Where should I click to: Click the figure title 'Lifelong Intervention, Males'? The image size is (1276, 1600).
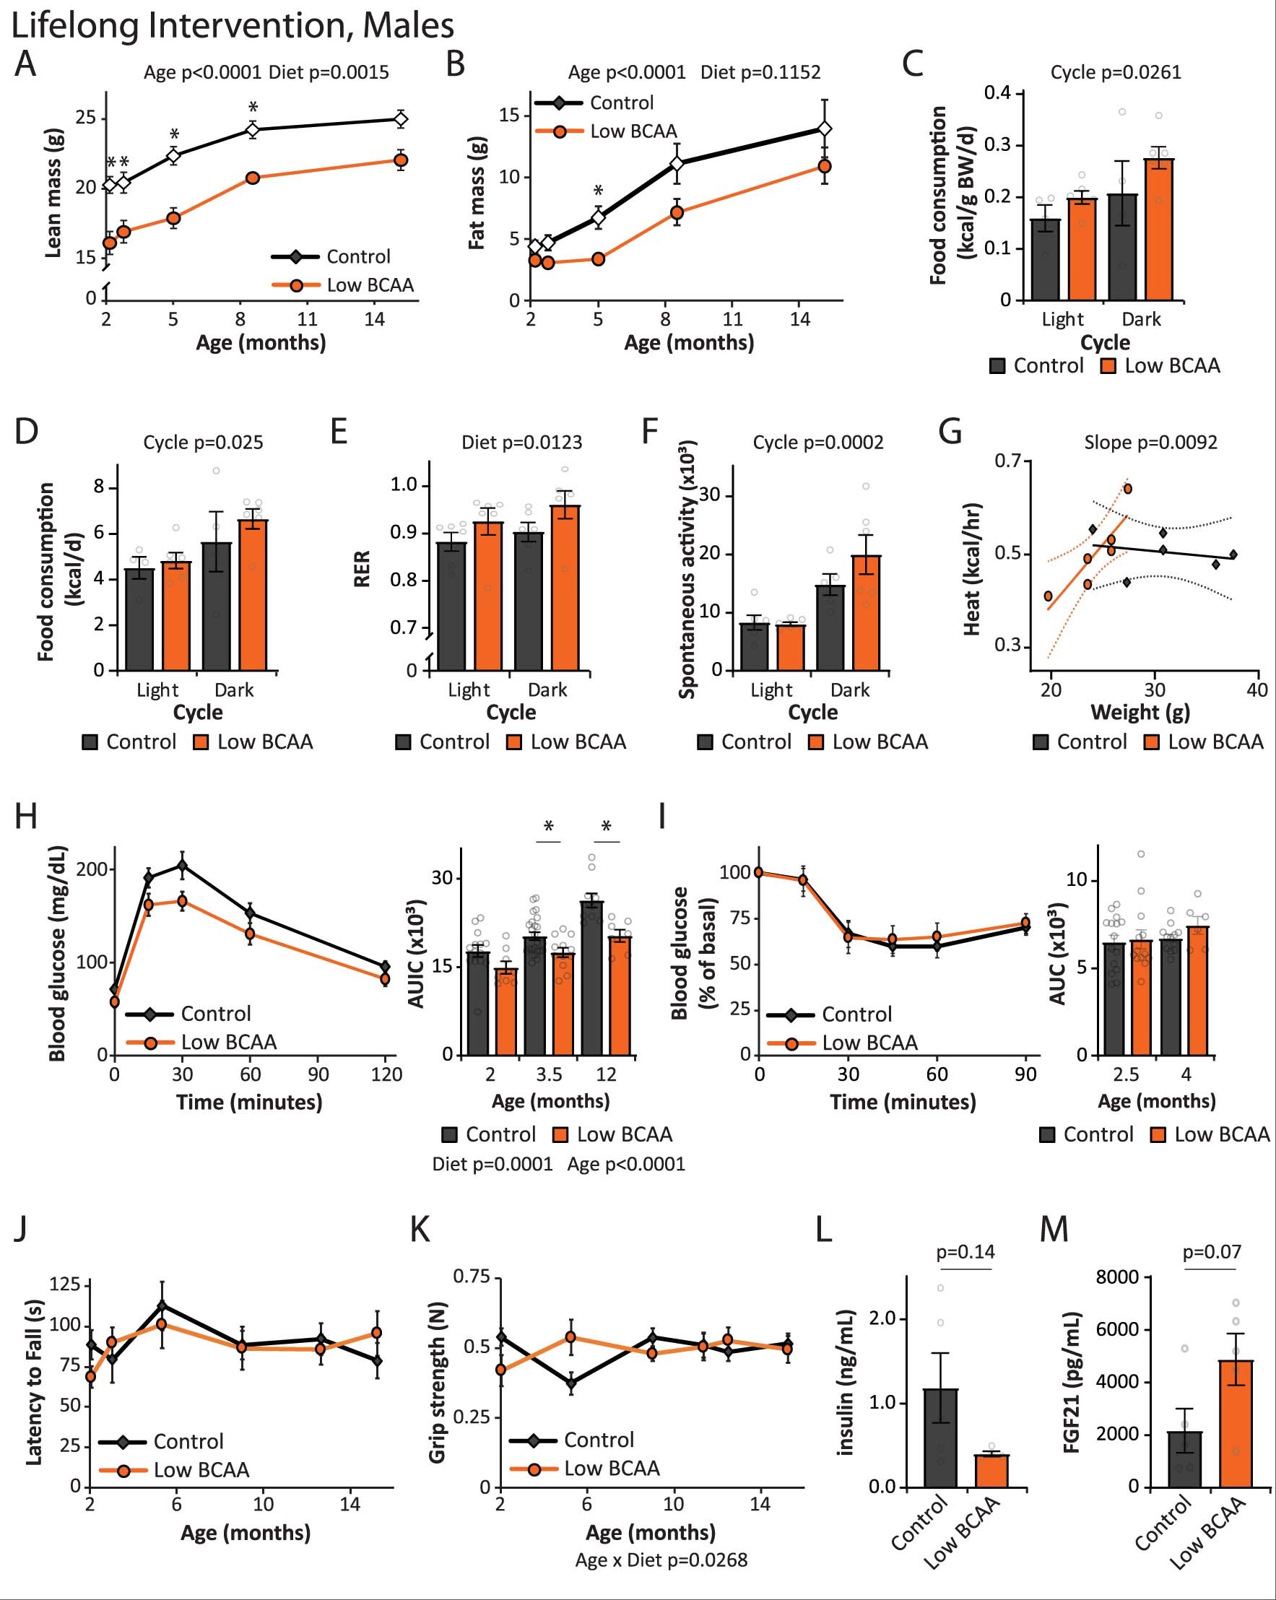(233, 25)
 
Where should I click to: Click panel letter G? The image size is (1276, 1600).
(951, 432)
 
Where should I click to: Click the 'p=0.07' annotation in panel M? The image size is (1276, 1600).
(1212, 1252)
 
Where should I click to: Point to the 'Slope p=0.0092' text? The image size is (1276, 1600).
(1150, 443)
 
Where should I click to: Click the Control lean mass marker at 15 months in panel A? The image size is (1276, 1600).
(401, 118)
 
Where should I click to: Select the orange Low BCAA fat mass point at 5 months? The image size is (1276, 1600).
(599, 259)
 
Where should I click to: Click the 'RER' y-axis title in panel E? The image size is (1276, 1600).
(362, 569)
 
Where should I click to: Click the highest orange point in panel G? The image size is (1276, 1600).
(1127, 488)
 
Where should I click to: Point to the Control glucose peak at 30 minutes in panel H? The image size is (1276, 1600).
(183, 865)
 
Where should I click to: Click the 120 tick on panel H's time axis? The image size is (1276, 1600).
(386, 1074)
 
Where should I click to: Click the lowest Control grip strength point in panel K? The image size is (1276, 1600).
(570, 1383)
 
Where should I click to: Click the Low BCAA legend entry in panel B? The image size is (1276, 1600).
(633, 131)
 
